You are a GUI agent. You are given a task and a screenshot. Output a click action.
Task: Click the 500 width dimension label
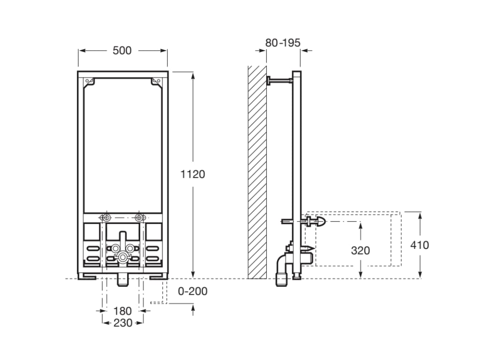(x=122, y=51)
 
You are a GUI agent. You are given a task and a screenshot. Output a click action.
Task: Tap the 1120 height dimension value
(x=193, y=174)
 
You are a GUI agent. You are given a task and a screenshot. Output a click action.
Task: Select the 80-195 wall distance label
(x=283, y=43)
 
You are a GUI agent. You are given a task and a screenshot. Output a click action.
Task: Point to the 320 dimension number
(x=360, y=250)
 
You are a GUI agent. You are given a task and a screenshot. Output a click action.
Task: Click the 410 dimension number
(x=419, y=245)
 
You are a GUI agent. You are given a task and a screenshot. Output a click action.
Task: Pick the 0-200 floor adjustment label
(x=192, y=292)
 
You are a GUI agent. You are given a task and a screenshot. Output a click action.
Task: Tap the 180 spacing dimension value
(x=122, y=311)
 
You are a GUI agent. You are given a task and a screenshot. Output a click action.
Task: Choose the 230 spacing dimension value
(x=122, y=322)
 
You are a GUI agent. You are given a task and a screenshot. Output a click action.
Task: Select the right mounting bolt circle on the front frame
(x=138, y=217)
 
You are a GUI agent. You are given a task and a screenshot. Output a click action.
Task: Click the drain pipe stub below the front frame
(x=122, y=280)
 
